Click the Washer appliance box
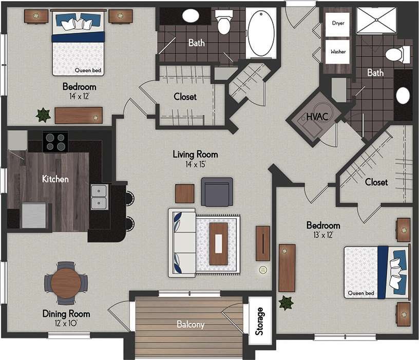pos(338,51)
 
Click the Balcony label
pos(191,325)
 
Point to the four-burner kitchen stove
pos(55,142)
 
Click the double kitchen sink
pos(100,197)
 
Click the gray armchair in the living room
pos(217,192)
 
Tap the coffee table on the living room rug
pos(218,243)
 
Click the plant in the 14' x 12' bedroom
pos(43,115)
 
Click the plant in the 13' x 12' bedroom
pos(285,302)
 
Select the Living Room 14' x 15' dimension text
pos(195,164)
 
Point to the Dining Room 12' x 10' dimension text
pos(66,324)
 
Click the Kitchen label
pos(55,179)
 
